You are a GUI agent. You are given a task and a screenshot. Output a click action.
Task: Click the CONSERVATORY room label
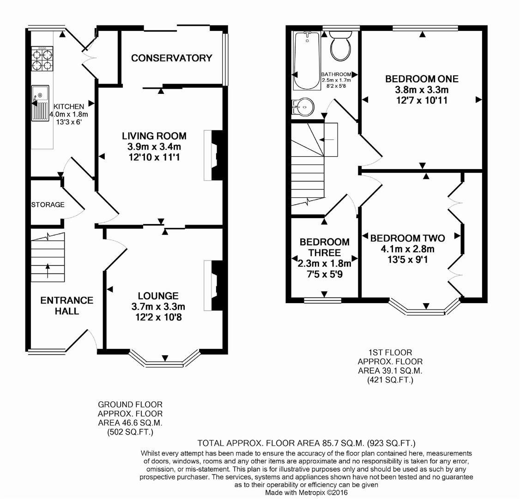coord(171,58)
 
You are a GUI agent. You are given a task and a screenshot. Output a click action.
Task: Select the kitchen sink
coord(40,103)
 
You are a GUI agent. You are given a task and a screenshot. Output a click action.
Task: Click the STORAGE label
coord(48,205)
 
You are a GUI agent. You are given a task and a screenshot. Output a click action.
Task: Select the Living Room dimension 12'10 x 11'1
coord(154,158)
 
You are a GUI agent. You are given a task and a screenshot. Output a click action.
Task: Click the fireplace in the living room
coord(213,155)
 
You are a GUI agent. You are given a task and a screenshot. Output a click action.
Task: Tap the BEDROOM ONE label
coord(422,79)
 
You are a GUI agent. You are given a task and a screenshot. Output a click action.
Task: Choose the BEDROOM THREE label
coord(324,247)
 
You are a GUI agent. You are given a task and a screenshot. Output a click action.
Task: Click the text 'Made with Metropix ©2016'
coord(307,493)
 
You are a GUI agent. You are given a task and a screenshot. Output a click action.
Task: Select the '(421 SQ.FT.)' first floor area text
coord(390,380)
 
